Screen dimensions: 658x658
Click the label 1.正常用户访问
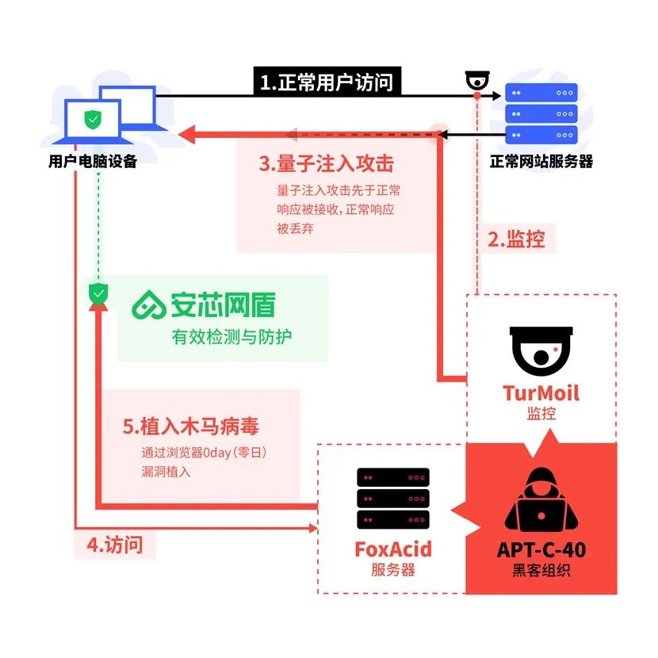[326, 82]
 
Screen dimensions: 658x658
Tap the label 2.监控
[516, 239]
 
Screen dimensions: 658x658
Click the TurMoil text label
[541, 393]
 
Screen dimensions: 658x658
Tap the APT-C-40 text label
[541, 550]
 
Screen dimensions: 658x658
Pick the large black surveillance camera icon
[541, 349]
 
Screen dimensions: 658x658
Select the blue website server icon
[541, 113]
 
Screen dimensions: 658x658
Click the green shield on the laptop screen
[94, 120]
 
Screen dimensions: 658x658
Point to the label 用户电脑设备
[93, 162]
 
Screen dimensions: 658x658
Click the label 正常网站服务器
[541, 162]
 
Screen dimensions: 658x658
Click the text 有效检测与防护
[231, 336]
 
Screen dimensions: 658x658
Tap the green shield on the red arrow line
[98, 293]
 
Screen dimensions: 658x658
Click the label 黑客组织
[541, 571]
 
